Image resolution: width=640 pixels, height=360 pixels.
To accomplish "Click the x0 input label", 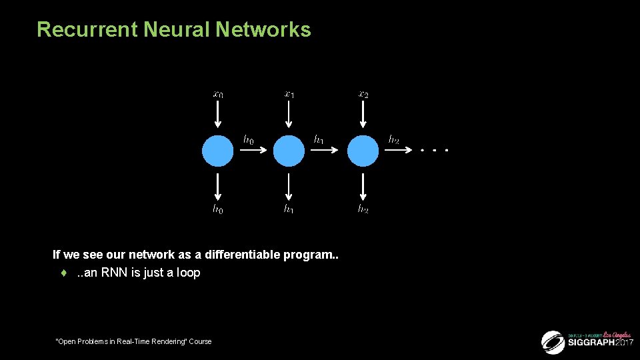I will pyautogui.click(x=218, y=95).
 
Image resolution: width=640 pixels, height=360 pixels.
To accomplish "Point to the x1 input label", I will pyautogui.click(x=289, y=95).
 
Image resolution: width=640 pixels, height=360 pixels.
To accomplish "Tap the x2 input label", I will pyautogui.click(x=363, y=95).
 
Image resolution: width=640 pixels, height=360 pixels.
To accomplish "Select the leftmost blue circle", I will pyautogui.click(x=218, y=151).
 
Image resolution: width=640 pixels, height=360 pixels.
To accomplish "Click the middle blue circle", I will pyautogui.click(x=289, y=151).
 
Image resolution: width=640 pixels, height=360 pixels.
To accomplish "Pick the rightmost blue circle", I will pyautogui.click(x=363, y=151).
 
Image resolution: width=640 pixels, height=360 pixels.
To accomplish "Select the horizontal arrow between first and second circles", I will pyautogui.click(x=253, y=151).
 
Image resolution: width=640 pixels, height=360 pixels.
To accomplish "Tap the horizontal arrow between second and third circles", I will pyautogui.click(x=325, y=151).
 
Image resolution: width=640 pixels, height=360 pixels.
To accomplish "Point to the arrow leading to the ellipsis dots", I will pyautogui.click(x=399, y=151).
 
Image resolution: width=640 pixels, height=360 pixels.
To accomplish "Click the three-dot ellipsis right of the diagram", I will pyautogui.click(x=434, y=151).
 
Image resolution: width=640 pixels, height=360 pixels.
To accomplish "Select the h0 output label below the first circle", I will pyautogui.click(x=218, y=209).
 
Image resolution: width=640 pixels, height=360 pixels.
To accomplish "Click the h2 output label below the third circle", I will pyautogui.click(x=363, y=209).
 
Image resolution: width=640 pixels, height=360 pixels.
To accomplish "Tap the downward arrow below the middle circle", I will pyautogui.click(x=289, y=186).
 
